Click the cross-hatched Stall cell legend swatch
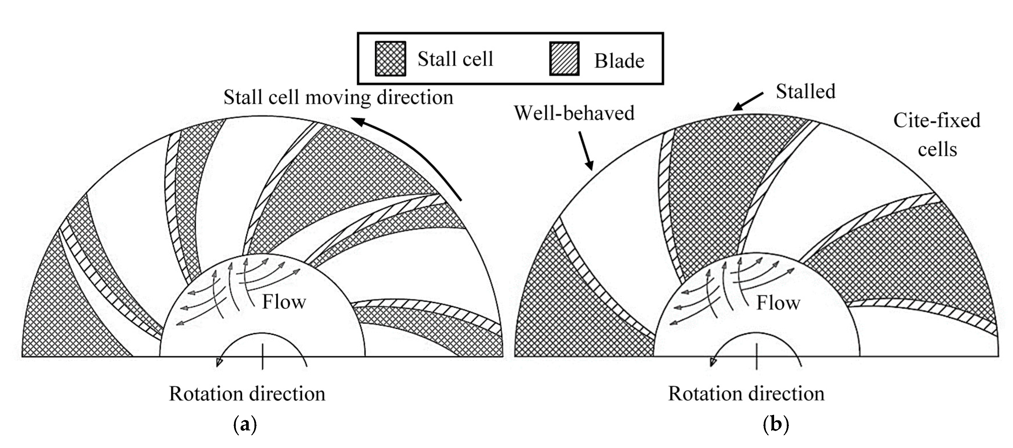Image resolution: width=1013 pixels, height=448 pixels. tap(390, 59)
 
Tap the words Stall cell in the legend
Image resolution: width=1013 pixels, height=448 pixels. tap(455, 59)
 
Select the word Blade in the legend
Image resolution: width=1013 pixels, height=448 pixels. tap(619, 61)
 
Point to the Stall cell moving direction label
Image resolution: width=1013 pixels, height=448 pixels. tap(338, 97)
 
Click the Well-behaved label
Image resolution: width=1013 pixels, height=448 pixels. tap(574, 113)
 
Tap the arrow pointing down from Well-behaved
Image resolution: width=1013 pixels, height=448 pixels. tap(585, 150)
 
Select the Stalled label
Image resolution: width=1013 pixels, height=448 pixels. tap(805, 92)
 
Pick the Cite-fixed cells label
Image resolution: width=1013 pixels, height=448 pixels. tap(937, 135)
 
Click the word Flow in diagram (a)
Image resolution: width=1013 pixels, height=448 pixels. tap(284, 302)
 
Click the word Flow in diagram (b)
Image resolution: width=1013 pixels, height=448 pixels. tap(778, 303)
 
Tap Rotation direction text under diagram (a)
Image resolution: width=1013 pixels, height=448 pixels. tap(247, 394)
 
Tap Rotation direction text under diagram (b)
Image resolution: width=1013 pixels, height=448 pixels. tap(746, 394)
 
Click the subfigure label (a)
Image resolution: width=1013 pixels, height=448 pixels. tap(245, 425)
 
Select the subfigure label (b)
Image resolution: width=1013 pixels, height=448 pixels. tap(776, 425)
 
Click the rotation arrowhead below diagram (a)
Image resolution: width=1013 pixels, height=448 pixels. tap(219, 362)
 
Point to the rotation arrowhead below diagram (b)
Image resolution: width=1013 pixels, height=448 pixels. tap(713, 362)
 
